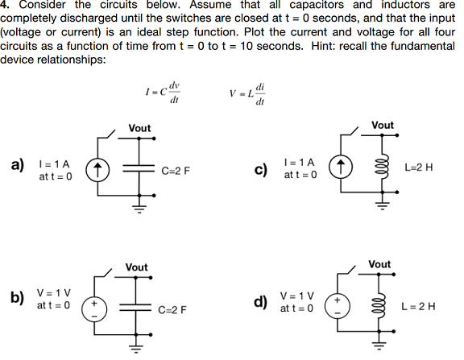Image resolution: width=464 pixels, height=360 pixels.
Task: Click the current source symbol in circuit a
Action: tap(97, 170)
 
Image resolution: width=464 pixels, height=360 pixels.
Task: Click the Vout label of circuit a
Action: tap(139, 128)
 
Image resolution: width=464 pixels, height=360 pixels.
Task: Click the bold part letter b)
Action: tap(16, 300)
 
